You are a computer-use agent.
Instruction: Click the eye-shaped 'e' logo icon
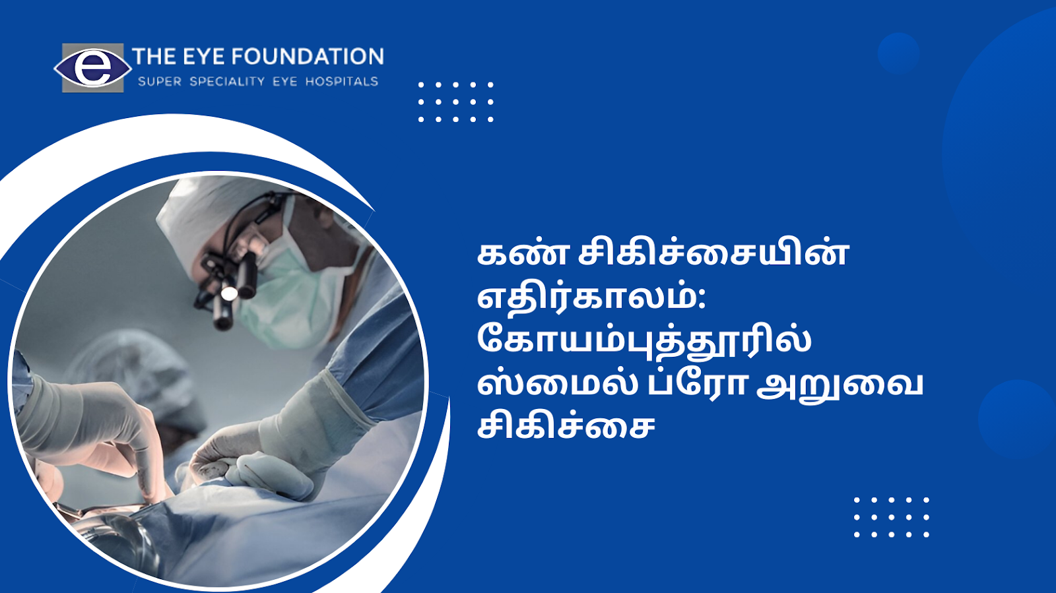93,68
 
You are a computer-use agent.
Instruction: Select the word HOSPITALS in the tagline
342,82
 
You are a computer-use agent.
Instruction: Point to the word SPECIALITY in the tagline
227,82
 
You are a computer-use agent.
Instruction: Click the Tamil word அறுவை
839,385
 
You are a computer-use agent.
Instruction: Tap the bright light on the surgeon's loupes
230,294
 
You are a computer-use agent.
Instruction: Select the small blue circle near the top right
898,53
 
